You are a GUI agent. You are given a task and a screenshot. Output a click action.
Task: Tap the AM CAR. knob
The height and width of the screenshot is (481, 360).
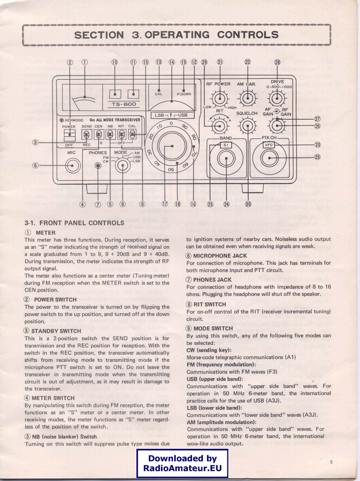coord(247,99)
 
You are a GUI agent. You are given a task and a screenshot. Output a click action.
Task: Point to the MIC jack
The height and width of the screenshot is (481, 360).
coord(72,165)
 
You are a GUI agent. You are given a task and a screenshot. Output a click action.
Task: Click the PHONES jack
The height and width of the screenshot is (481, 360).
coord(98,165)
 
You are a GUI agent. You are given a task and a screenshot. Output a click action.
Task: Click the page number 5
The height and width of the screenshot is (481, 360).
coord(331,462)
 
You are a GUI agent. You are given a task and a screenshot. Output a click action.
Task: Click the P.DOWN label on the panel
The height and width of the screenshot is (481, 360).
coord(184,94)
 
